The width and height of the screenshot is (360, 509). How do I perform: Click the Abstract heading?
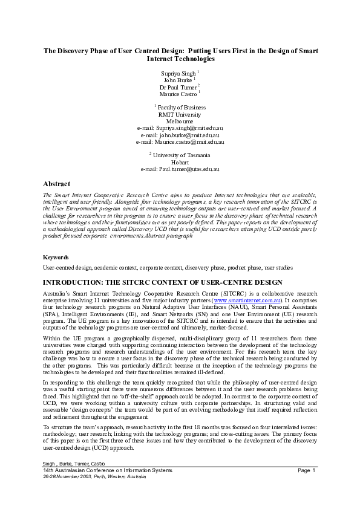pos(56,184)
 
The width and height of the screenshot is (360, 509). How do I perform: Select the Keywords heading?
pos(56,257)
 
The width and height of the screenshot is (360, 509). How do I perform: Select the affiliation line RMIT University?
pos(180,114)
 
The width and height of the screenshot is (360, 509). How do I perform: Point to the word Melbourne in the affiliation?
pos(180,121)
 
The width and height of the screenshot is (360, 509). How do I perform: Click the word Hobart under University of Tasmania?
pos(180,162)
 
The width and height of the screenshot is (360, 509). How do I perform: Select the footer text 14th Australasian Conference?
pos(79,470)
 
